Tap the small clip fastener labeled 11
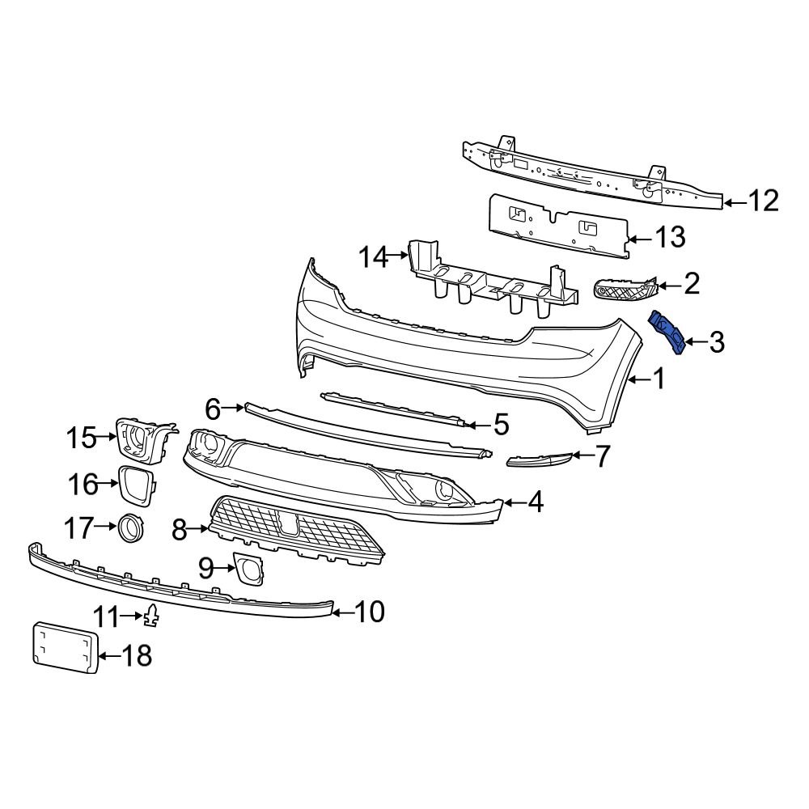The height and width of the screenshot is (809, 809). click(151, 616)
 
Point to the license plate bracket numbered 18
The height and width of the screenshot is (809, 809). click(65, 646)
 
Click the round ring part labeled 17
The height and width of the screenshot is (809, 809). click(131, 527)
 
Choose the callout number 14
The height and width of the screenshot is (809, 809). click(375, 257)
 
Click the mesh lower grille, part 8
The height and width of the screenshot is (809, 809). click(295, 531)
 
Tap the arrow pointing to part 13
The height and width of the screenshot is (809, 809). click(640, 239)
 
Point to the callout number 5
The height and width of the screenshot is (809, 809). click(501, 423)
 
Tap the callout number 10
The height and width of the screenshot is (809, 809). click(368, 612)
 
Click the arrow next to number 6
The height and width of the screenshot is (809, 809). click(234, 409)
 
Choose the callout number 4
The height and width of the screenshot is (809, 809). click(535, 503)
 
